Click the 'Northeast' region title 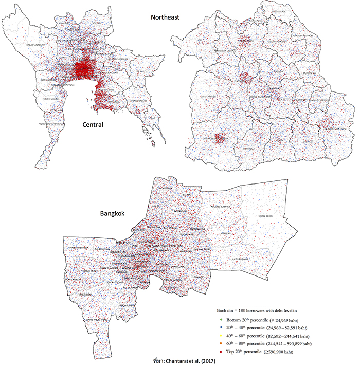click(167, 17)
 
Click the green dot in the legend click(218, 320)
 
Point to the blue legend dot click(218, 328)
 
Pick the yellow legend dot click(218, 336)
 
